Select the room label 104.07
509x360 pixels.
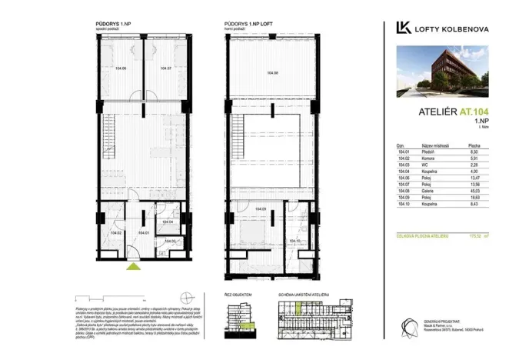coord(165,68)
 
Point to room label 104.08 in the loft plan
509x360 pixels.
coord(271,73)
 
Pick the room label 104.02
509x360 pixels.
coord(116,232)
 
